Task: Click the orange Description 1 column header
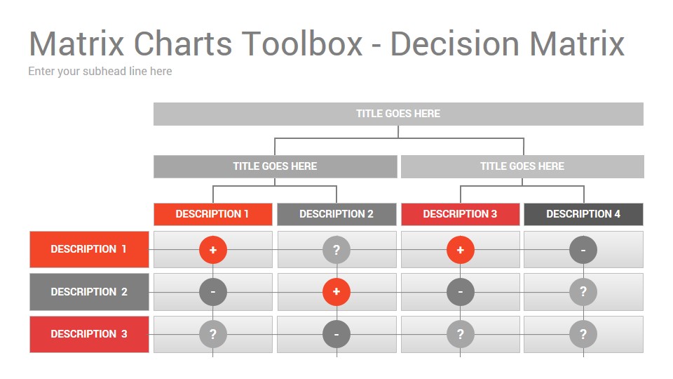213,214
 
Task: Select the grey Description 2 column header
336,214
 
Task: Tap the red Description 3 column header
460,214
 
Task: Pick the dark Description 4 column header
583,214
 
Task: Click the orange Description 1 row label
89,249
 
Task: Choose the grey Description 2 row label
89,292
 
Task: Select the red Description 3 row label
89,334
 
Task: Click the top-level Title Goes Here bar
398,114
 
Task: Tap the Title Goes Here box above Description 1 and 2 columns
275,166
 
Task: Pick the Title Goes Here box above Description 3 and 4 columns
522,166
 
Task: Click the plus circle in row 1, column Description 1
213,250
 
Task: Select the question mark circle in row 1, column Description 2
336,250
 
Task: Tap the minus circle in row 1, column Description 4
583,250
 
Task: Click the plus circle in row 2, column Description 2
336,292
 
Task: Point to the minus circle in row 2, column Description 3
461,292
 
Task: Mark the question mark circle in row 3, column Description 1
213,334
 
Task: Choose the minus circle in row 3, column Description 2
336,334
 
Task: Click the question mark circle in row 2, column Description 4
583,292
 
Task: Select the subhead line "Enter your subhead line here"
100,72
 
